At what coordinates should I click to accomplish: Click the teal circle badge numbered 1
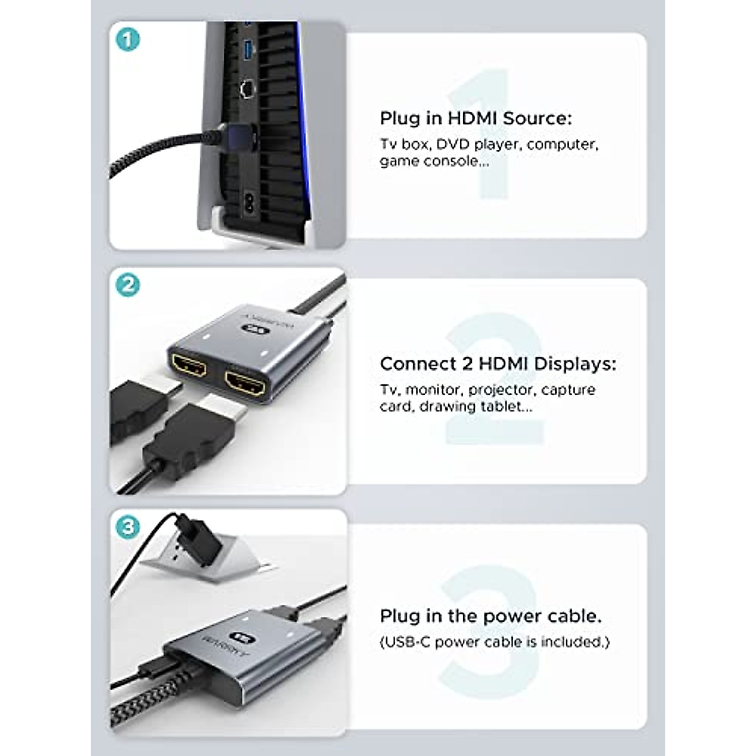click(128, 40)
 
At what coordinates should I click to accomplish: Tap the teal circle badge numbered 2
click(128, 285)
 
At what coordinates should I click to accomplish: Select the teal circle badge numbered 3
click(128, 526)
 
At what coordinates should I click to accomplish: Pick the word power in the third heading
click(500, 616)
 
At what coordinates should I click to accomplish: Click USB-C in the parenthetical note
click(406, 642)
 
